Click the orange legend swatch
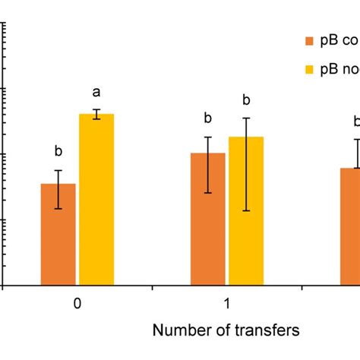308,40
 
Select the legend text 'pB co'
337,40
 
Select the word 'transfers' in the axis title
271,330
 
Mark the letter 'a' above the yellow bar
96,93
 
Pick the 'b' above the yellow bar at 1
245,99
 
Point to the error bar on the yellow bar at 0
96,114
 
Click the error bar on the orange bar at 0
58,189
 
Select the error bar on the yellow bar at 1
245,164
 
